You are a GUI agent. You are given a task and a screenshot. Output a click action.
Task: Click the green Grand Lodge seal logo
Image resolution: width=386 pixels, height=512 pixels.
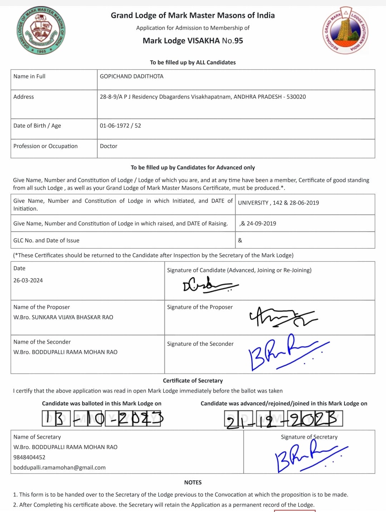41,31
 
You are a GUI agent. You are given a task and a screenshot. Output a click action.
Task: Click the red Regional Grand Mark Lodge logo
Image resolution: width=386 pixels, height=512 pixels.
345,31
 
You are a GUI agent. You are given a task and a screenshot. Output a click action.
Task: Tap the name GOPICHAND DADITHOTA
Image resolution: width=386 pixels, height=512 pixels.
132,77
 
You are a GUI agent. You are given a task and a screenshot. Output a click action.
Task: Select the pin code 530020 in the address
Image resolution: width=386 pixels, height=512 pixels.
296,97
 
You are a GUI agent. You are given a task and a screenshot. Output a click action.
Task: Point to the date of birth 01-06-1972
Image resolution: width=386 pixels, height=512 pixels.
114,126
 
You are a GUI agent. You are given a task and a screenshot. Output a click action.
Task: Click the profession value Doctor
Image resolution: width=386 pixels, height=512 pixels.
109,146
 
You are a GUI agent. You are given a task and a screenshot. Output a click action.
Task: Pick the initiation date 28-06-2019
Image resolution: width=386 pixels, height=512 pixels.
304,203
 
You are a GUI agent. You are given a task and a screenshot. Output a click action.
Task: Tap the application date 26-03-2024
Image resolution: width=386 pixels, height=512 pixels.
28,281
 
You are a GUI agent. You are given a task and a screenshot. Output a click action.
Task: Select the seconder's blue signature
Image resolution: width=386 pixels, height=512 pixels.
286,352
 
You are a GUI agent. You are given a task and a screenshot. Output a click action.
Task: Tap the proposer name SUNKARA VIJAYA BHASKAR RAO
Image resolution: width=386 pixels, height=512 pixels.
72,317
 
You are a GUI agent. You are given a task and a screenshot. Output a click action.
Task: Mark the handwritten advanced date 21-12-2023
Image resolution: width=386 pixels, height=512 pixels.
283,419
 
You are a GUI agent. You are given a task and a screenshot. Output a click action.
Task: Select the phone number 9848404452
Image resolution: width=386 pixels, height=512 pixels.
29,457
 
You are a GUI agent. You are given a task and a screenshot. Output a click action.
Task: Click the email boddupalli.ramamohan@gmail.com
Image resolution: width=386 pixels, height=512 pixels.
59,468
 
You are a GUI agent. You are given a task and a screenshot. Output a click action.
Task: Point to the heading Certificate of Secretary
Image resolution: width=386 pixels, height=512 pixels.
193,381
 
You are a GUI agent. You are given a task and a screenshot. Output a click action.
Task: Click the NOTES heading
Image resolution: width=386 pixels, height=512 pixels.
193,483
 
